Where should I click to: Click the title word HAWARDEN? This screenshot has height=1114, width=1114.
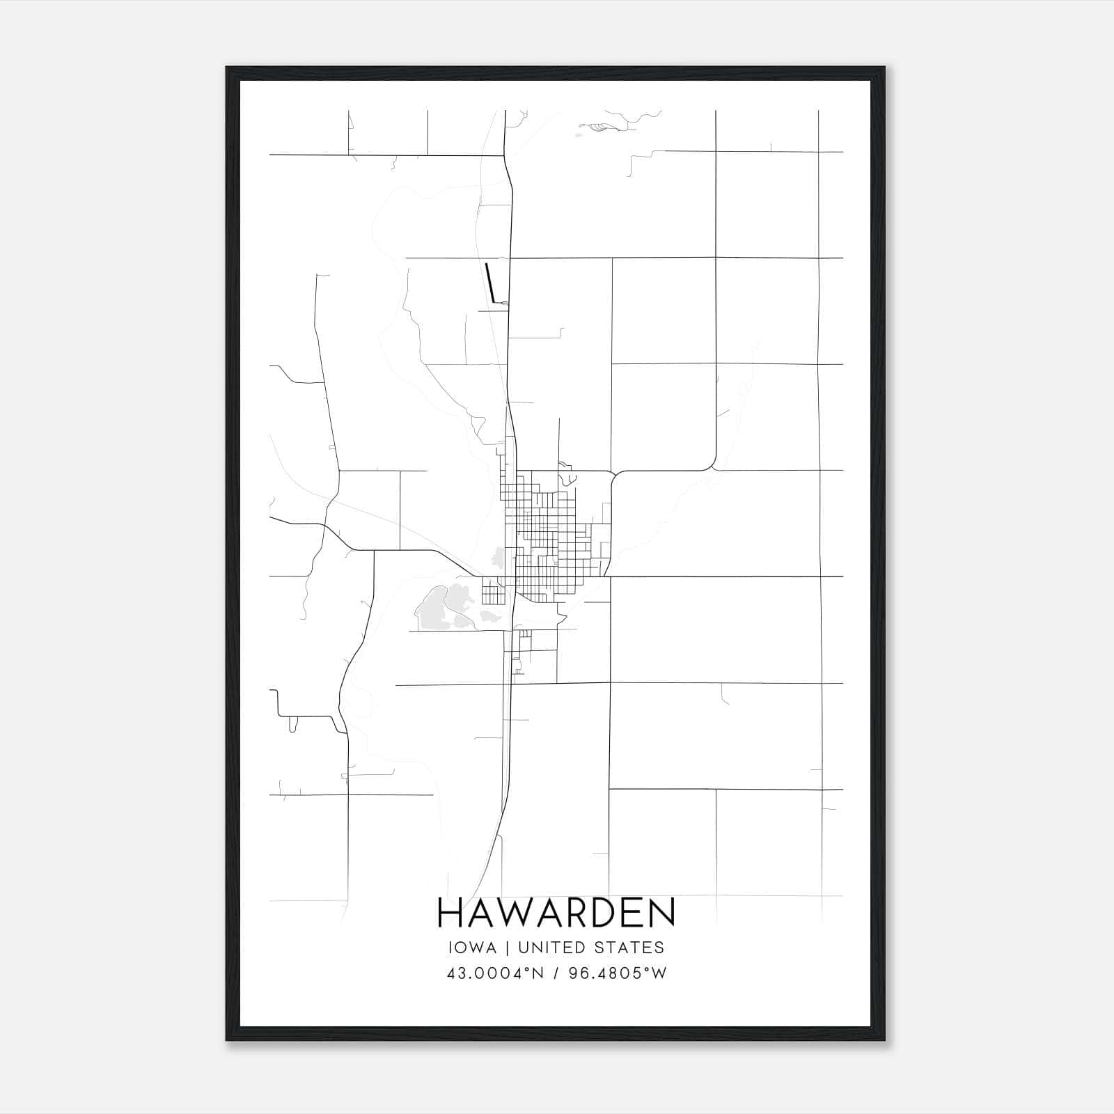pos(556,913)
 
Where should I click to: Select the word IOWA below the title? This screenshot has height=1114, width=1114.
pos(473,948)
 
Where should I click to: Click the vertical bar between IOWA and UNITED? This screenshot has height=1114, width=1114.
pos(507,948)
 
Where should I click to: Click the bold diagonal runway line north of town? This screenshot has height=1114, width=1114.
pos(491,283)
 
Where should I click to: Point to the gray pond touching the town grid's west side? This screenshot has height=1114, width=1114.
pos(499,556)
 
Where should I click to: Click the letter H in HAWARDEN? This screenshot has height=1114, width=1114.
pos(450,913)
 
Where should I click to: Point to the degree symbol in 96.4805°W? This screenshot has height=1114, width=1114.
pos(648,969)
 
